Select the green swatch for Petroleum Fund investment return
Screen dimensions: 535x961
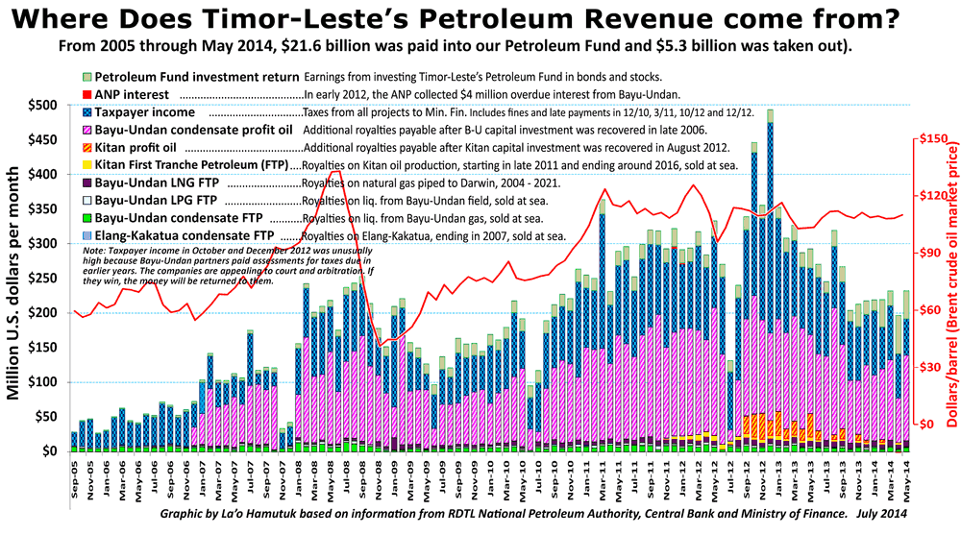pos(86,76)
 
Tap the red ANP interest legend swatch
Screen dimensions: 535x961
pos(86,95)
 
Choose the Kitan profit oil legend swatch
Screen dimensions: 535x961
pos(86,149)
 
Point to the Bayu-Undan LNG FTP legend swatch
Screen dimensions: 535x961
pos(86,183)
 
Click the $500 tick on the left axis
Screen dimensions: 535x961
pos(43,105)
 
